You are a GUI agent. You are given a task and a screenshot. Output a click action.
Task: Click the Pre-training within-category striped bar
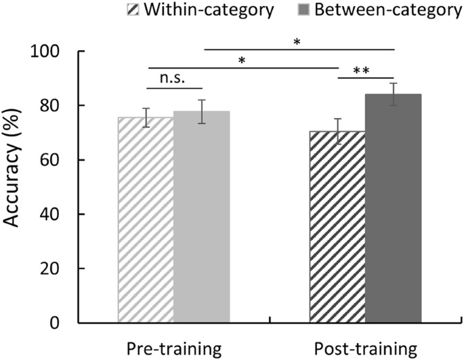(x=145, y=220)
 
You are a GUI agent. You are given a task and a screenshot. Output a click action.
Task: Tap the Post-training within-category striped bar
(x=337, y=227)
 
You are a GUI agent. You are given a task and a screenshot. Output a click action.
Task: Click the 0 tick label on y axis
(x=62, y=323)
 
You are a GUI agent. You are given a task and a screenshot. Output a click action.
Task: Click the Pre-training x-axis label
(x=173, y=348)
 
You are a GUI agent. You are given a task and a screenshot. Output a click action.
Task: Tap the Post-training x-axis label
(x=366, y=348)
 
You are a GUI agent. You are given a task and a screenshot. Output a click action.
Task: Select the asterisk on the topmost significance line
(x=296, y=42)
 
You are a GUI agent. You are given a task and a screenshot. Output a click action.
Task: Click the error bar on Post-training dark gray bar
(x=394, y=94)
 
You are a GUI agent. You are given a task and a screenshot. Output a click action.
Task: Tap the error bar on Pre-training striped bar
(x=145, y=117)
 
